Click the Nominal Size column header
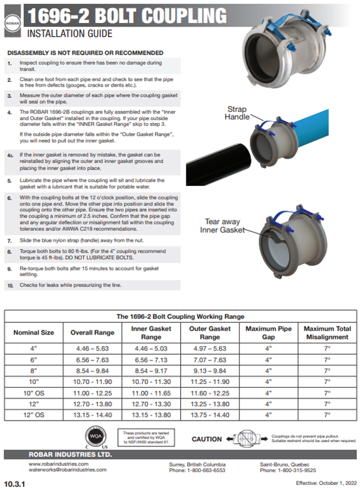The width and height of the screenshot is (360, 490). (x=34, y=332)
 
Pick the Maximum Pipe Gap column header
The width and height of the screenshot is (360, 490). (x=268, y=332)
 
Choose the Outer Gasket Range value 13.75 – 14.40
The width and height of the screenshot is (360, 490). (x=209, y=414)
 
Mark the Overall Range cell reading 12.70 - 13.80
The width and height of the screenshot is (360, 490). (x=92, y=403)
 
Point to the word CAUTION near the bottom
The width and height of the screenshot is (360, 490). (x=206, y=439)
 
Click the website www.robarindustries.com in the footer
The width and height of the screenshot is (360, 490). (x=59, y=463)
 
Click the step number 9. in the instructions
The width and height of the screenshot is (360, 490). (x=10, y=269)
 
